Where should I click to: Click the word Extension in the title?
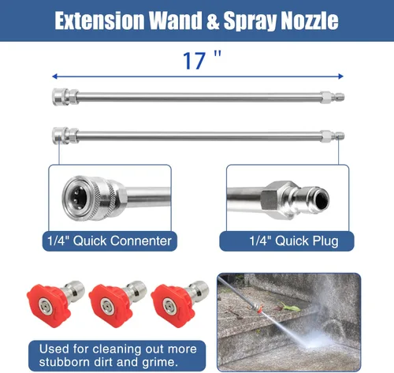click(99, 21)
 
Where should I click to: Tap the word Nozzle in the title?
click(310, 21)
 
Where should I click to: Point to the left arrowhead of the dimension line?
click(54, 76)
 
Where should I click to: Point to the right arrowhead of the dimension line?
click(340, 76)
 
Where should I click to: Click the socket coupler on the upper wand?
click(65, 97)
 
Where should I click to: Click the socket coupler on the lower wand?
click(65, 136)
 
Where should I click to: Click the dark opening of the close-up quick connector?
click(79, 197)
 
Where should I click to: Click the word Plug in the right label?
click(325, 241)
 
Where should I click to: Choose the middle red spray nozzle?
click(117, 304)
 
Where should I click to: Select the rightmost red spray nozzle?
click(180, 304)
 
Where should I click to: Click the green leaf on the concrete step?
click(289, 307)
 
